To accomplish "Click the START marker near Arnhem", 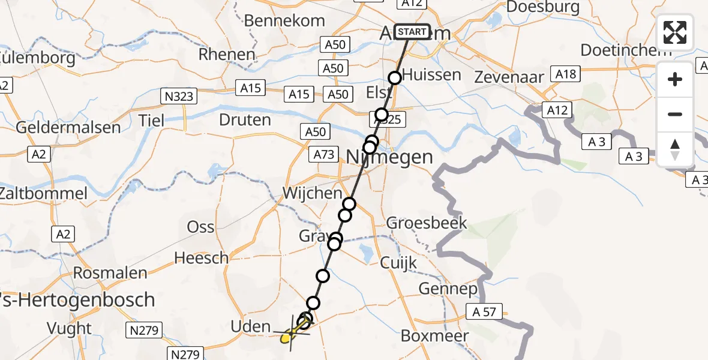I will coord(412,32).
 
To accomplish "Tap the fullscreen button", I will coord(675,32).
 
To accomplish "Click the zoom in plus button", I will coord(675,79).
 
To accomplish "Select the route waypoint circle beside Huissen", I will coord(395,78).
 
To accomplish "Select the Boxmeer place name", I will coord(434,335).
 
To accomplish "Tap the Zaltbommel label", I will coord(43,194).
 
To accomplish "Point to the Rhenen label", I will coord(227,54).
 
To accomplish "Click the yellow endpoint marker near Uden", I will coord(287,338).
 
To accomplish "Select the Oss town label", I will coord(201,227).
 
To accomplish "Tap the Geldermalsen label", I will coord(68,128).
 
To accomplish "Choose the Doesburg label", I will coord(543,7).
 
